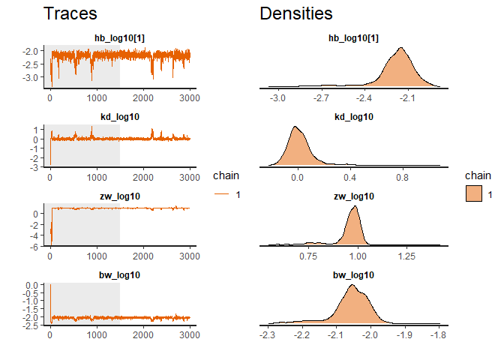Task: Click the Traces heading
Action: coord(70,14)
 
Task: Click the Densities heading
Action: coord(296,14)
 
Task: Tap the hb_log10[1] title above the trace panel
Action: coord(120,37)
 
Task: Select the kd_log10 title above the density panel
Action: coord(352,117)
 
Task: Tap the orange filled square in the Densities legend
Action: coord(472,194)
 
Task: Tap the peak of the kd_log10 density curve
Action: coord(295,127)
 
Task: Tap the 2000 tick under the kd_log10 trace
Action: coord(143,177)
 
